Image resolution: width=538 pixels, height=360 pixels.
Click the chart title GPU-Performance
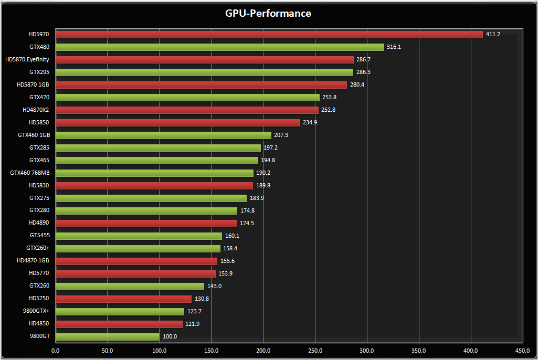268,13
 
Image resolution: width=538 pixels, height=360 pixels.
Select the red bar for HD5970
269,35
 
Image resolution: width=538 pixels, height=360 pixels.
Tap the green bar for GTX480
219,47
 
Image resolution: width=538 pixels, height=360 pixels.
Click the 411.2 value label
493,35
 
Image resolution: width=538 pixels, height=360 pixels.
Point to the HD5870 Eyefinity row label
27,60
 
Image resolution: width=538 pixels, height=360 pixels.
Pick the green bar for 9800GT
107,336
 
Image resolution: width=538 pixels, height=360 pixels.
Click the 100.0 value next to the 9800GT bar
170,336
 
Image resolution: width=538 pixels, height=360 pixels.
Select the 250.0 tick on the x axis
315,351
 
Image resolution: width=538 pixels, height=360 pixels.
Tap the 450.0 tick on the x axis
522,351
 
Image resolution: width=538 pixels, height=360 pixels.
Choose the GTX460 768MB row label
29,173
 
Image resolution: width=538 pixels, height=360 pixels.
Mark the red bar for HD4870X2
186,110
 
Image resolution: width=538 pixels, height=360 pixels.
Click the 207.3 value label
281,135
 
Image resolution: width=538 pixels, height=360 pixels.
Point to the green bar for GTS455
139,236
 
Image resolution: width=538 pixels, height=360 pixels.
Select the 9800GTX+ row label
36,311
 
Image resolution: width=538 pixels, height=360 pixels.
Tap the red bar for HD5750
123,299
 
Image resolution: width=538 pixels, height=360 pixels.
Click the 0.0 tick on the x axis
55,351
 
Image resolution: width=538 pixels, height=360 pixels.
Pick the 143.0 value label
214,286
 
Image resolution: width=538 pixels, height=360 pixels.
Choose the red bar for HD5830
154,185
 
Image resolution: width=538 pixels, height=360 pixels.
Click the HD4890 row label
39,223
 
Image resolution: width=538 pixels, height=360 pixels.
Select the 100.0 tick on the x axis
159,351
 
